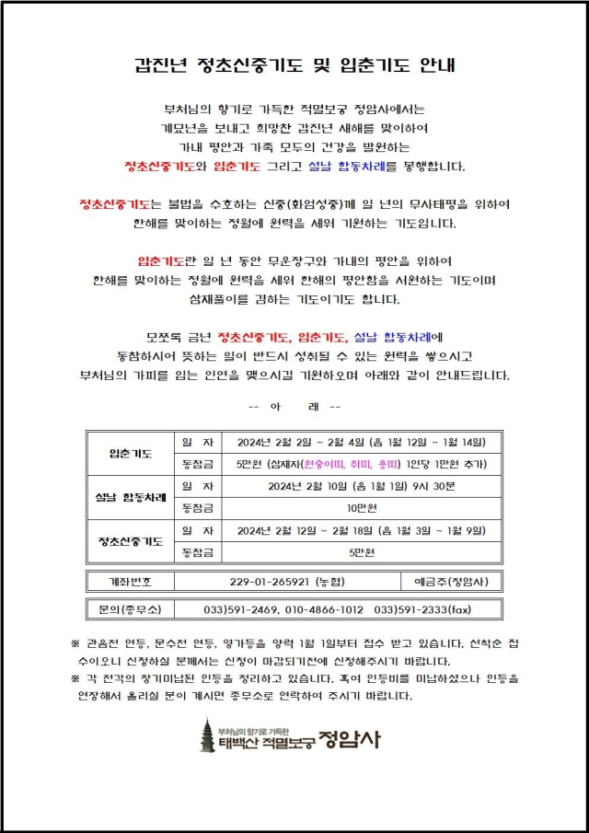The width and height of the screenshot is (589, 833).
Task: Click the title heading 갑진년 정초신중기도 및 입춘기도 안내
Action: (295, 65)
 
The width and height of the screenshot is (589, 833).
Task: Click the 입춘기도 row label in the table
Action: (130, 453)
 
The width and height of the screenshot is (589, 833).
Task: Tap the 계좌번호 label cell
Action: (130, 582)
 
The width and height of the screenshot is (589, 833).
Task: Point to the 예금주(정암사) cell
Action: (452, 582)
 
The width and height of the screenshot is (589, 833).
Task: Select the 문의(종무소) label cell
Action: (130, 609)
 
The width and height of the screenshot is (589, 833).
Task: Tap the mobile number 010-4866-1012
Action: (330, 609)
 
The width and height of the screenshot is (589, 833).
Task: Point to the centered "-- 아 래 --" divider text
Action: (294, 407)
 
